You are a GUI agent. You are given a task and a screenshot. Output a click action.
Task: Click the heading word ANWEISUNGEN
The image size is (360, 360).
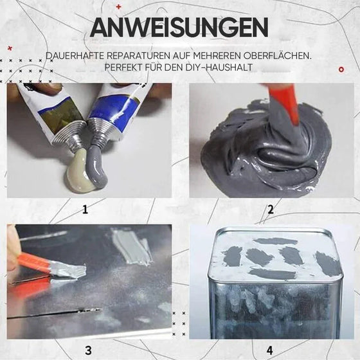tap(179, 28)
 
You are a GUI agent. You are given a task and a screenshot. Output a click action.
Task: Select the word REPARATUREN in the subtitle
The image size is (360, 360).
tap(140, 57)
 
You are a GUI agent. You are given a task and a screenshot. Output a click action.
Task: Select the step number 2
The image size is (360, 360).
tap(271, 208)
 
